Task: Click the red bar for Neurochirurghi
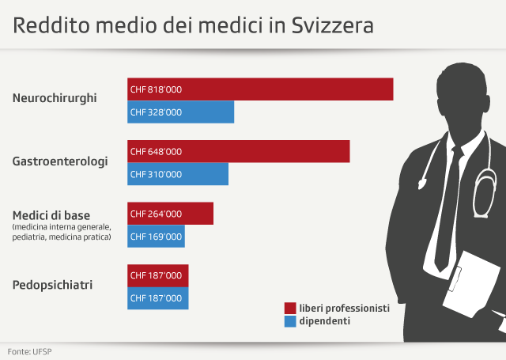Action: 260,89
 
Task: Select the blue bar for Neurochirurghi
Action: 181,112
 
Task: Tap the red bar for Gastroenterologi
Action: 238,151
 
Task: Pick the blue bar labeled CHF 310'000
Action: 178,174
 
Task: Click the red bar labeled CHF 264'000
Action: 171,214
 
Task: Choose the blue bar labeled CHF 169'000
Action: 156,236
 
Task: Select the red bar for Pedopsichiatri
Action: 158,275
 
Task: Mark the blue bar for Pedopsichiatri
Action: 158,298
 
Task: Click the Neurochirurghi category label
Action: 55,99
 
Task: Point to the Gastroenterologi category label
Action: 60,161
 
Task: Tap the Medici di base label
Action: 51,215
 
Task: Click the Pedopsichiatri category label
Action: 53,283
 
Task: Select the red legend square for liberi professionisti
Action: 290,308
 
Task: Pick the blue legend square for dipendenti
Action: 290,321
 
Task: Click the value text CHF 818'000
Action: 156,89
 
